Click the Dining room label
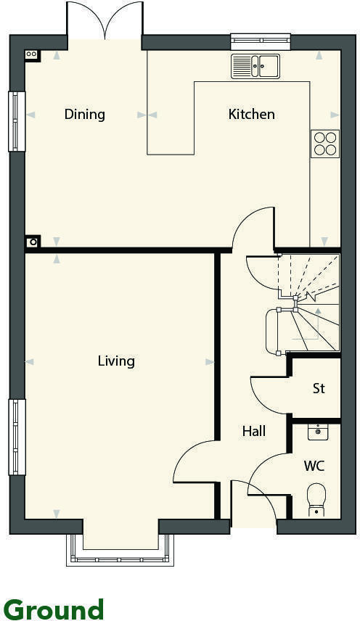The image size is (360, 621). point(84,114)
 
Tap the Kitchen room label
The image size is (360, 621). point(252,114)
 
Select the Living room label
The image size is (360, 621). point(116,361)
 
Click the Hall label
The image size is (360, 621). point(253,431)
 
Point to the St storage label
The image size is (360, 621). point(319,388)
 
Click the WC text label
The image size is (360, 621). point(314,465)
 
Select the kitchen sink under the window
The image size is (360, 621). point(255,66)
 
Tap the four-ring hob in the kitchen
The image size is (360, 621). point(324,143)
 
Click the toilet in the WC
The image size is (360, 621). point(316,500)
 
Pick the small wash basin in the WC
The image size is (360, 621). point(317,432)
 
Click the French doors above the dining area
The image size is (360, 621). point(105,22)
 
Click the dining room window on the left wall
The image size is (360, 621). point(16,121)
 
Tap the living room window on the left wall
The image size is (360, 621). point(16,437)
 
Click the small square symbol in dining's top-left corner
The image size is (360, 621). point(31,54)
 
